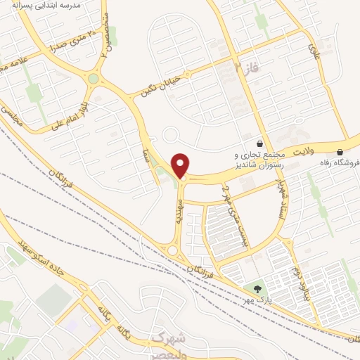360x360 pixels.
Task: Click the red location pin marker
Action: point(181,165)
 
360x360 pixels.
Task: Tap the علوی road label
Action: point(314,49)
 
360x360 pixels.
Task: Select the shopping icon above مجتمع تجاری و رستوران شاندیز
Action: point(260,142)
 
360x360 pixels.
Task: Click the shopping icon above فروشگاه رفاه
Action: point(340,152)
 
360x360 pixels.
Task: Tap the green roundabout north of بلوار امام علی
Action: point(93,79)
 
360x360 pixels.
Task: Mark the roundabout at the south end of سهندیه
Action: point(172,250)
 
